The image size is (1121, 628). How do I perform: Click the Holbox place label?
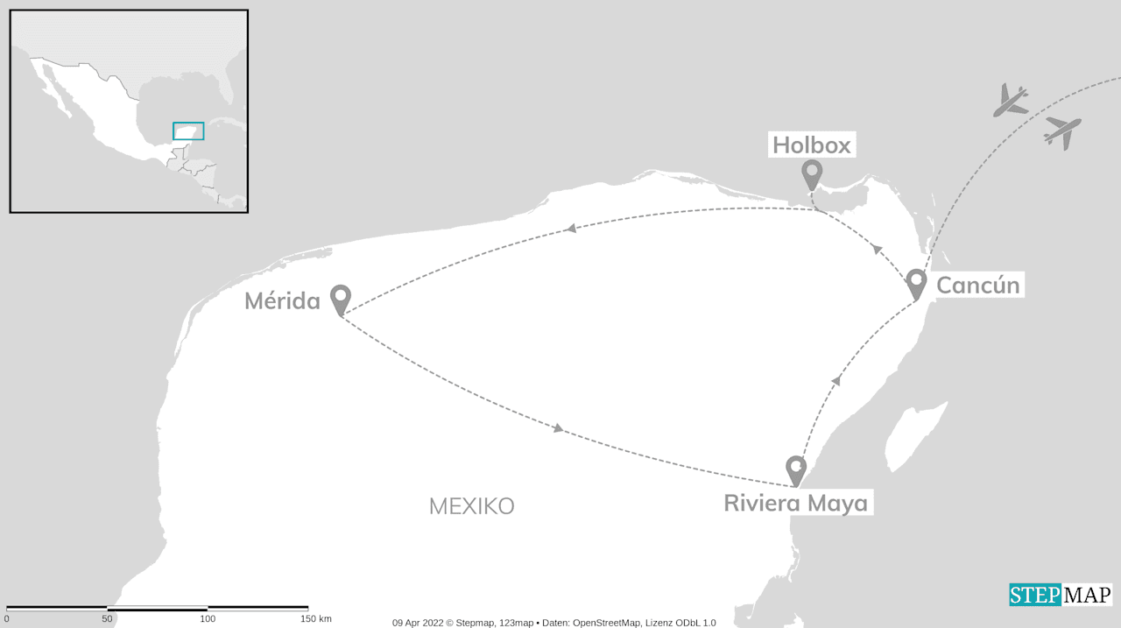pos(812,145)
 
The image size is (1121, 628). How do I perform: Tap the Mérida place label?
pos(282,301)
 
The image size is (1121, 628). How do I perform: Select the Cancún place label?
pos(977,285)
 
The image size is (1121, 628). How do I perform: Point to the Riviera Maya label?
pos(795,504)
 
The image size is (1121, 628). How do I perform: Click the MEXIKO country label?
pos(471,506)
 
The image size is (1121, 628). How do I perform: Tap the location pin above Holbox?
pos(812,174)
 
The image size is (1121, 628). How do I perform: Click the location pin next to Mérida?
pos(341,300)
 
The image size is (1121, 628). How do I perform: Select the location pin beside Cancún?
pos(916,284)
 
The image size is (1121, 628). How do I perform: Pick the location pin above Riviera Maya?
pos(795,469)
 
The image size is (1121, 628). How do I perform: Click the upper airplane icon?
pos(1010,100)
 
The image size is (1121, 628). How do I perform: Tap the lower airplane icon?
pos(1062,131)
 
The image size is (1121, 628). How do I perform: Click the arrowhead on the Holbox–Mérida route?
pos(570,229)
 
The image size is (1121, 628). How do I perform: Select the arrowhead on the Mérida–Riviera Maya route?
pos(559,428)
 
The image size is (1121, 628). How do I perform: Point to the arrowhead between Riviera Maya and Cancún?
pos(835,380)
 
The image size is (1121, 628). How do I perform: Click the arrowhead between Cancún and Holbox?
pos(876,250)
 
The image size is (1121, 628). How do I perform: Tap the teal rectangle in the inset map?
pos(188,131)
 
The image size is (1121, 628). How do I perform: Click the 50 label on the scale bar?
pos(107,619)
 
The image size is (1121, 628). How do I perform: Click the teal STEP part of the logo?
pos(1034,596)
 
